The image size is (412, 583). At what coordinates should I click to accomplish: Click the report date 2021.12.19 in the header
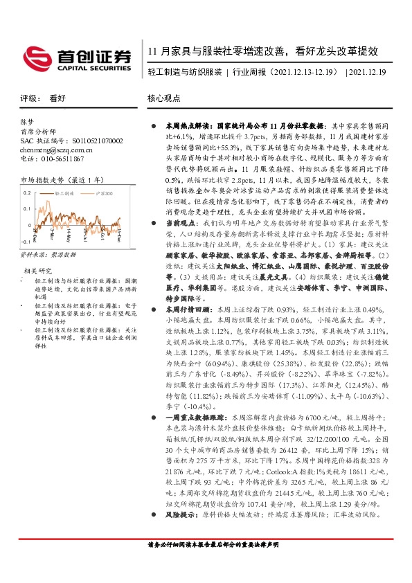(x=368, y=72)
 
